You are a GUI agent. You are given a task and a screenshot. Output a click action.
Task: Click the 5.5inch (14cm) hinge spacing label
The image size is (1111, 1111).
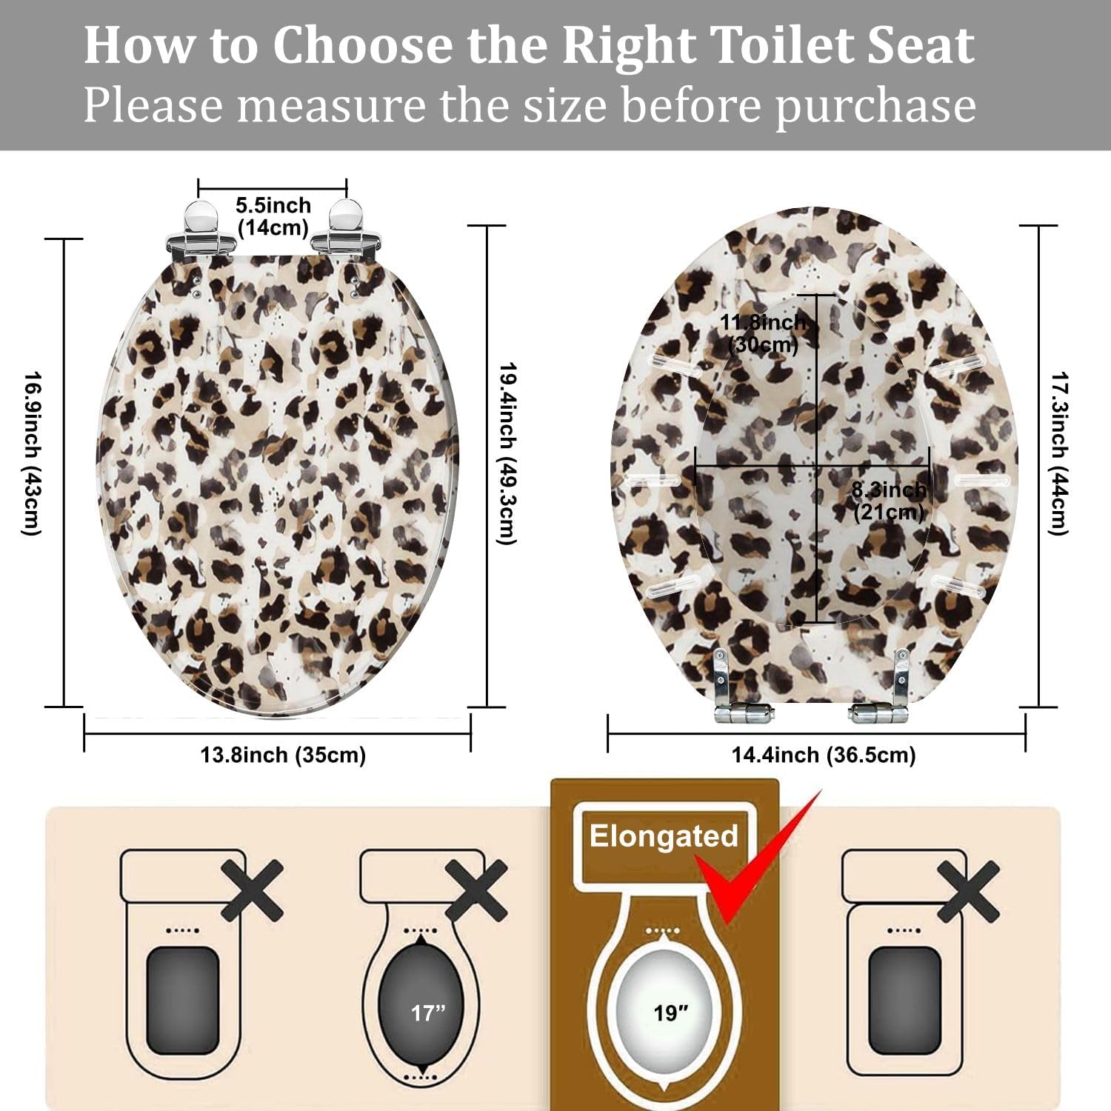coord(273,216)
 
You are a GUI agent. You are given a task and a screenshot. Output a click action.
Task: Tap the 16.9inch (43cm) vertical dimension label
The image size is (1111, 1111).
coord(31,453)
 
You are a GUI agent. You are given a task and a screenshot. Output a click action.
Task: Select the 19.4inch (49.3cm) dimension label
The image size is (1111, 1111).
coord(506,453)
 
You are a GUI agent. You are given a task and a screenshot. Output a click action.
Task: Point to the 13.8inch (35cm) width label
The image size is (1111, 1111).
coord(283,755)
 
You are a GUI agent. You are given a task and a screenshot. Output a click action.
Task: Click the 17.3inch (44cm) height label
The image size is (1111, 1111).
coord(1059,453)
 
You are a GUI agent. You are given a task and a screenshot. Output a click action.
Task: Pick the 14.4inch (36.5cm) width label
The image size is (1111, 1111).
coord(824,755)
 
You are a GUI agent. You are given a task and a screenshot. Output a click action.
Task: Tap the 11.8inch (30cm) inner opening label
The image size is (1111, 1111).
coord(763,333)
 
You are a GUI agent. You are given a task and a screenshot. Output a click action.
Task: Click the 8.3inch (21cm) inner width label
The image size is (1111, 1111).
coord(889,501)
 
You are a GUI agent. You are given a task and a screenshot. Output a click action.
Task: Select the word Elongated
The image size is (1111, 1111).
coord(664,836)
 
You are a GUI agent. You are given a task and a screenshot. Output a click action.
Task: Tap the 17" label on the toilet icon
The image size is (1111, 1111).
coord(429,1012)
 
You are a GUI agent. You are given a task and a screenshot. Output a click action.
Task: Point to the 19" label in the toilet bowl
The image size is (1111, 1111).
coord(671,1012)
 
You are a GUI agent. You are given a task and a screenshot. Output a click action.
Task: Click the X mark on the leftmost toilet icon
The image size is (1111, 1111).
coord(252,890)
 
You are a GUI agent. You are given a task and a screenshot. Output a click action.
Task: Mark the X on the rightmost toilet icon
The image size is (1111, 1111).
coord(968,890)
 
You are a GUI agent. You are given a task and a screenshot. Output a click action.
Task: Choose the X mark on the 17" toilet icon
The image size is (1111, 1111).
coord(476,890)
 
